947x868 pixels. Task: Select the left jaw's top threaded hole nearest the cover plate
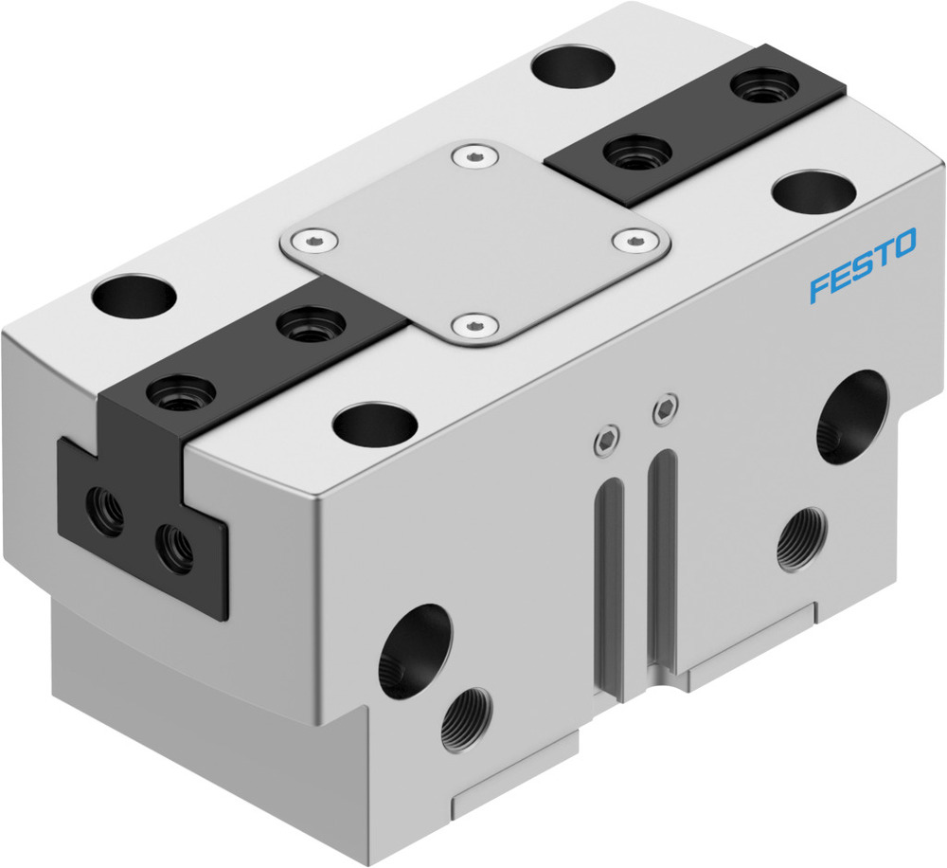click(309, 325)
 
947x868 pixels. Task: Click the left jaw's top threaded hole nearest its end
click(181, 389)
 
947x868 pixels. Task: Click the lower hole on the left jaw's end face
click(173, 547)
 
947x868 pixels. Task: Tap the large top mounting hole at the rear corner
click(574, 67)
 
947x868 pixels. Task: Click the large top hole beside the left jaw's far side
click(134, 296)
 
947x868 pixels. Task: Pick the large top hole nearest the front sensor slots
click(377, 423)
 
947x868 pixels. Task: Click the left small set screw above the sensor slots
click(604, 438)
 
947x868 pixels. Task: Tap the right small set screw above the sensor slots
click(665, 409)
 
